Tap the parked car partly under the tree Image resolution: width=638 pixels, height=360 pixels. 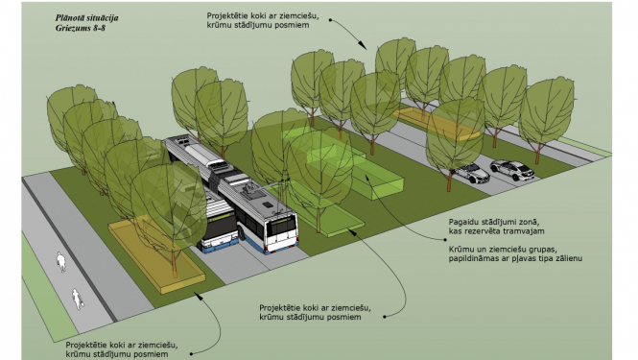coord(471,173)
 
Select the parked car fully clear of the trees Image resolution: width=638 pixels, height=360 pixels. coord(512,170)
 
